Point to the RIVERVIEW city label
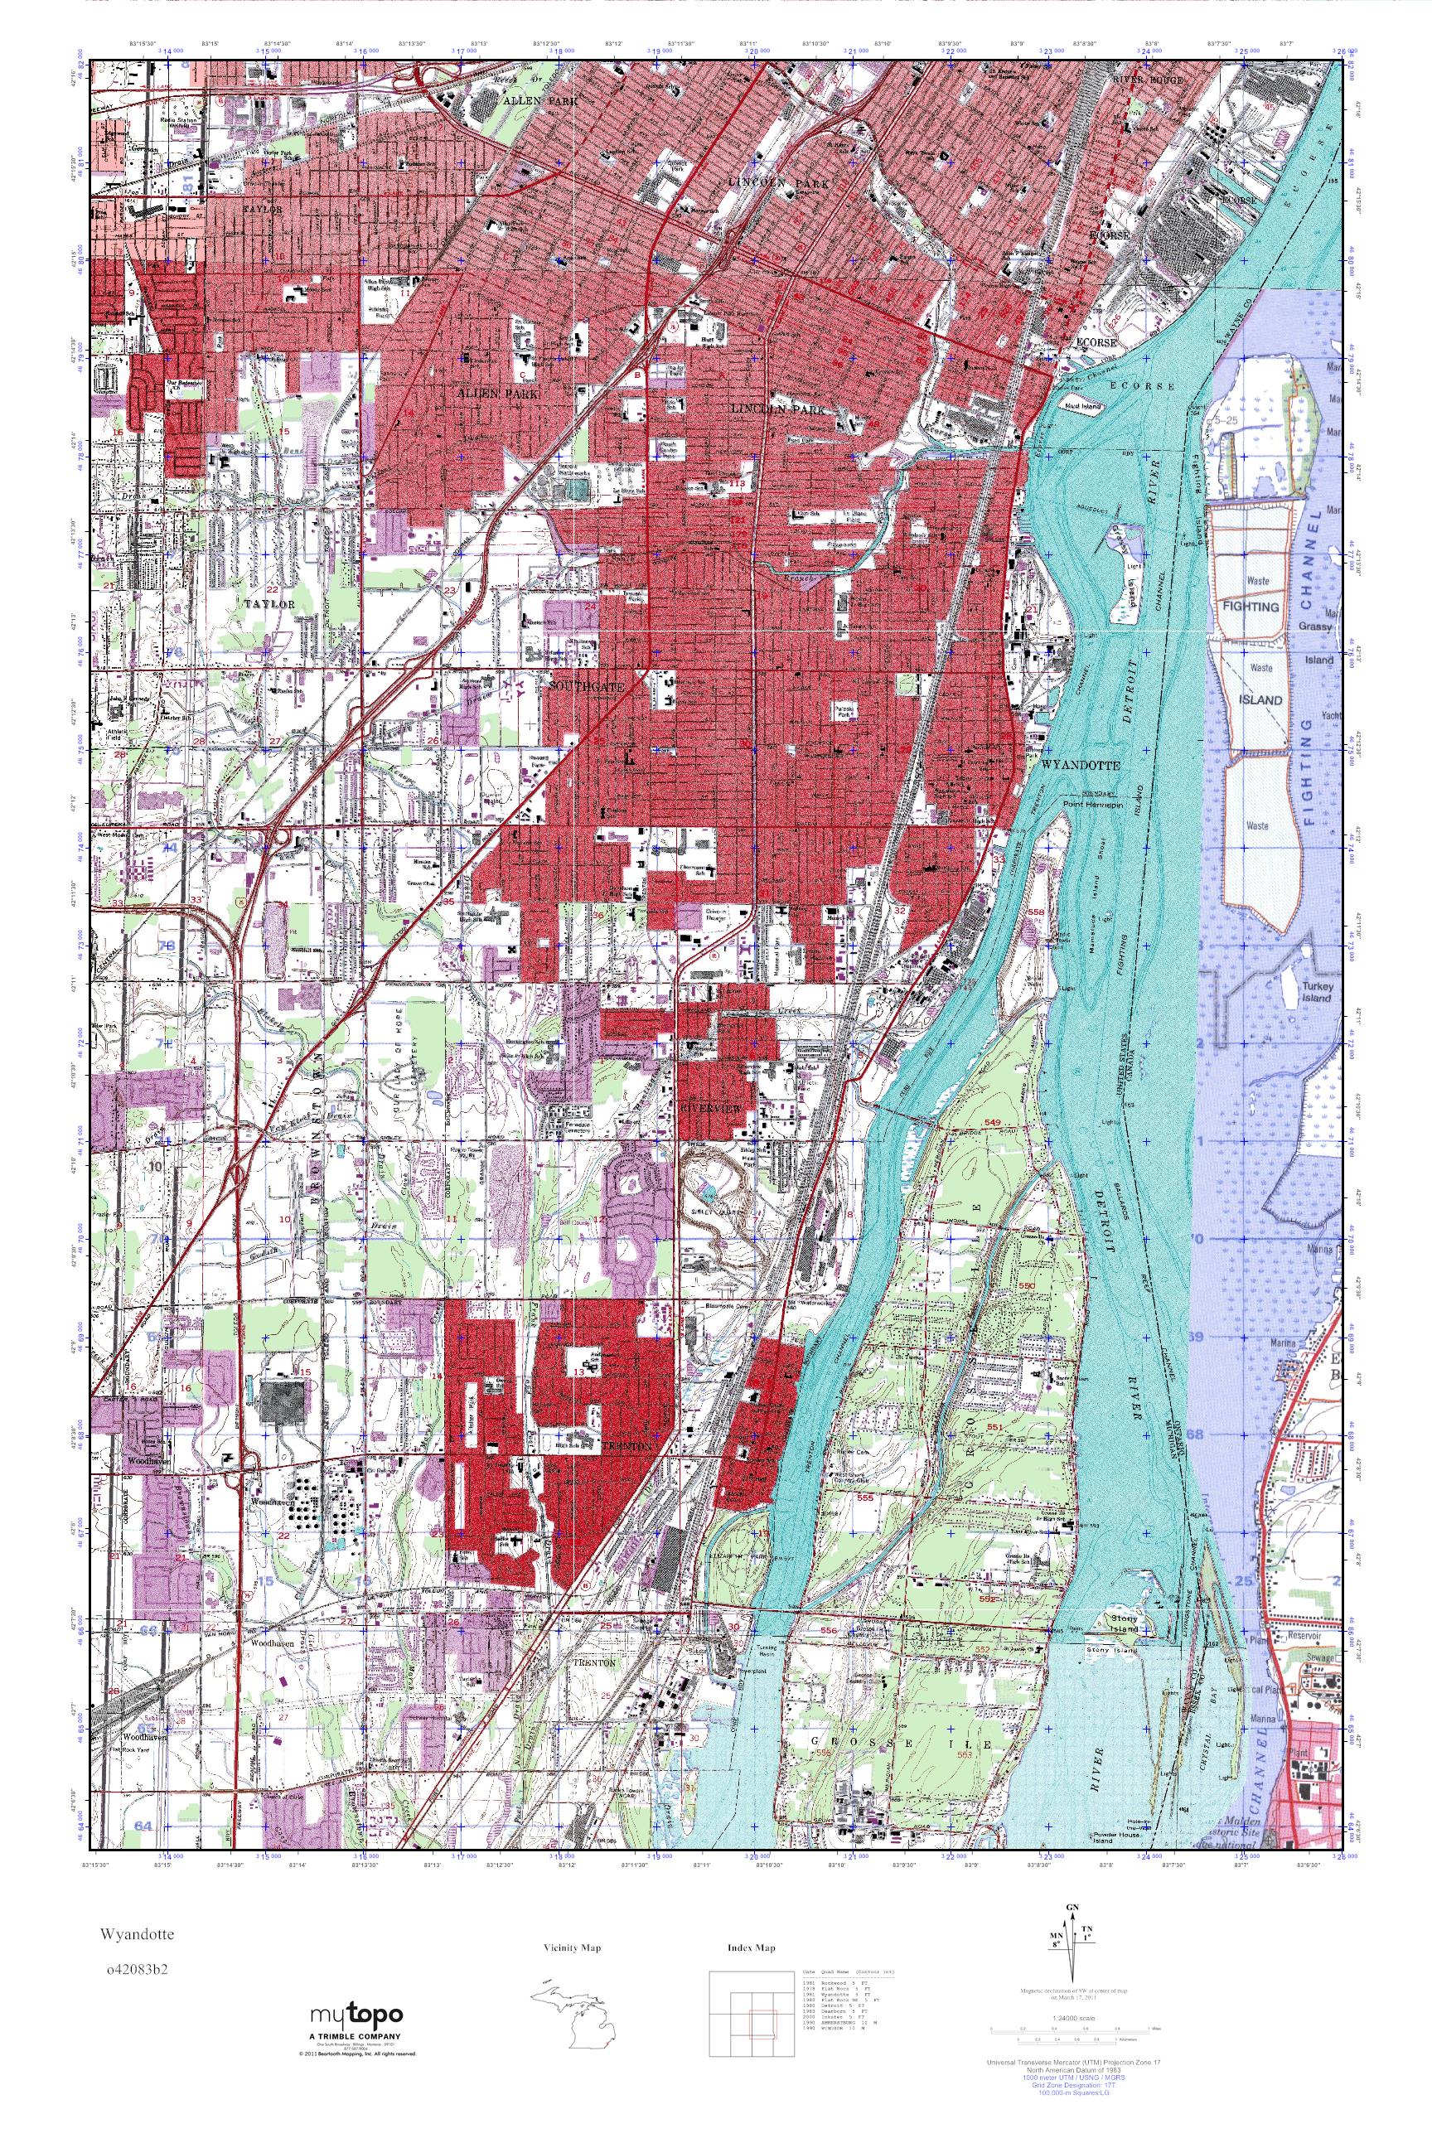coord(709,1107)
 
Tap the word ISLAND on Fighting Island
coord(1260,699)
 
